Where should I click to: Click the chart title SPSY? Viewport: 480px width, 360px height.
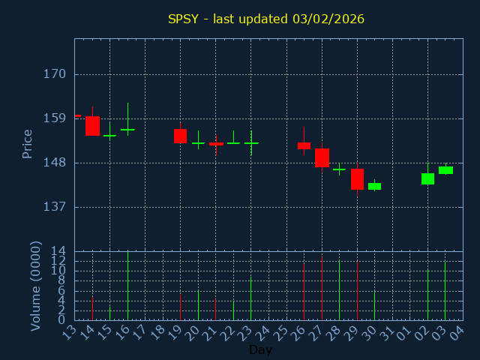(x=266, y=19)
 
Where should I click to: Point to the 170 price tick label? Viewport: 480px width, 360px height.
(x=55, y=74)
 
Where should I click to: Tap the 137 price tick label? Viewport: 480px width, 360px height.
(x=55, y=206)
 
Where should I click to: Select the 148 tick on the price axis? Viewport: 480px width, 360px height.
(x=55, y=163)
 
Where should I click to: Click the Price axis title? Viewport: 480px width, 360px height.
(x=28, y=143)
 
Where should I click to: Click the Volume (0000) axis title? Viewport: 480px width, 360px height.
(x=35, y=286)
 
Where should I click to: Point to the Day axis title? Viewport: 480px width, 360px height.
(x=260, y=349)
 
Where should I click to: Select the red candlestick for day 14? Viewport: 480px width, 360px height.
(x=92, y=126)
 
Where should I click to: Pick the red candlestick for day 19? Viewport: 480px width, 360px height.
(x=180, y=136)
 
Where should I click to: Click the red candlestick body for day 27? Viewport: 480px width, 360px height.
(x=322, y=157)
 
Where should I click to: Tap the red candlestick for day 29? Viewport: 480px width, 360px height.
(x=357, y=179)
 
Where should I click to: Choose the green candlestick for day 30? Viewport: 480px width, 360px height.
(x=374, y=186)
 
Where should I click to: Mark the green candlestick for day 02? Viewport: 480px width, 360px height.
(x=427, y=178)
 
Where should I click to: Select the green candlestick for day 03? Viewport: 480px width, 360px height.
(x=445, y=170)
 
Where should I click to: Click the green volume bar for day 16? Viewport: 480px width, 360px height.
(x=127, y=286)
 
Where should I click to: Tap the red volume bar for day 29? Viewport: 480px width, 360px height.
(x=357, y=291)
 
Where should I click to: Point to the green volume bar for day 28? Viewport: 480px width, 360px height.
(x=339, y=290)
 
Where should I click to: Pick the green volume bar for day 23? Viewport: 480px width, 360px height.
(x=250, y=298)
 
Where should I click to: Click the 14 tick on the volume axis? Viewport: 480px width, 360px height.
(x=58, y=250)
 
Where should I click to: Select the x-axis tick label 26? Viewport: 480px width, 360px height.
(x=302, y=331)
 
